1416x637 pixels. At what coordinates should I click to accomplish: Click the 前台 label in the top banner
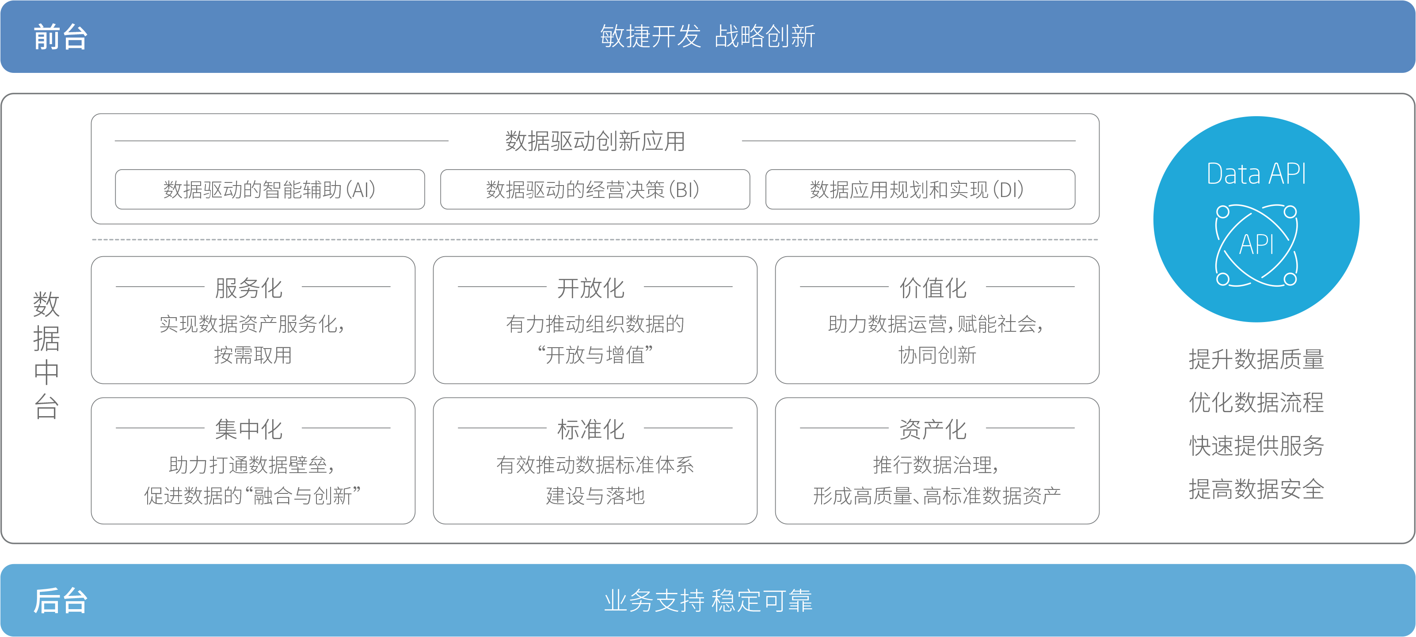point(61,38)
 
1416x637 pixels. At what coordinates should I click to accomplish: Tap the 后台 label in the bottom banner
point(61,600)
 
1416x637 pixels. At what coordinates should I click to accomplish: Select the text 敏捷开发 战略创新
point(708,37)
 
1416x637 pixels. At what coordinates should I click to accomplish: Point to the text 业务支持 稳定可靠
point(708,600)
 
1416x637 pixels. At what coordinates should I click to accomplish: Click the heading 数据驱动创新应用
point(595,141)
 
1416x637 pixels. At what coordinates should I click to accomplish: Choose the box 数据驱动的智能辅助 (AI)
point(269,190)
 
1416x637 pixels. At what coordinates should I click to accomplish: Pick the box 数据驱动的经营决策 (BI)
point(595,190)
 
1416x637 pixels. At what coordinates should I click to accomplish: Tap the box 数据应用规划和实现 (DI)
point(920,190)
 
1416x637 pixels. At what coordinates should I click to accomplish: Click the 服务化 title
point(248,288)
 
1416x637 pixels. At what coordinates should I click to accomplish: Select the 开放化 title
point(590,288)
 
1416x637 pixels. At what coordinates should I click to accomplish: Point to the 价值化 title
point(933,288)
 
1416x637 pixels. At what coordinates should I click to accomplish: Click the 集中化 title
point(248,429)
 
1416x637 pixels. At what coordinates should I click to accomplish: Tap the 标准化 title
point(590,429)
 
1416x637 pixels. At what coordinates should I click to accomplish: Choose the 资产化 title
point(933,429)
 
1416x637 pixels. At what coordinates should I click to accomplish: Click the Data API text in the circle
point(1256,174)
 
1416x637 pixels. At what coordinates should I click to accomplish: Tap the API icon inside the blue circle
point(1256,245)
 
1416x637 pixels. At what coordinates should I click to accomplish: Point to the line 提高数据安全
point(1256,489)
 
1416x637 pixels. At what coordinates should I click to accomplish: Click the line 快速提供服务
point(1256,445)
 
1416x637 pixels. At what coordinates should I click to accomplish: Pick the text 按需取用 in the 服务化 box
point(253,355)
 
